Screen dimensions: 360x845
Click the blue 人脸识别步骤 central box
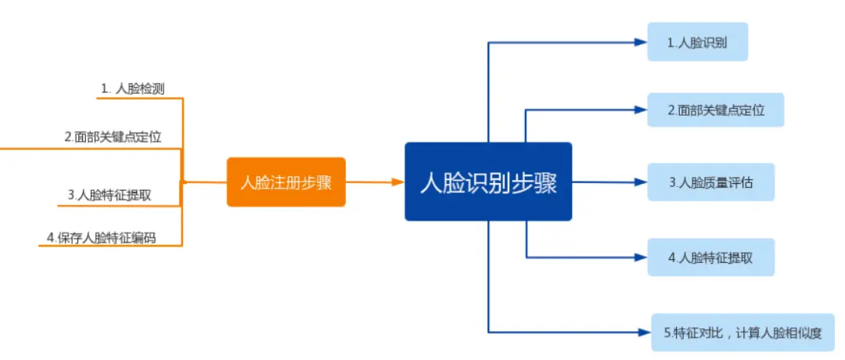click(x=488, y=182)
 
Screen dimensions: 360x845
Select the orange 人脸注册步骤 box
click(x=286, y=182)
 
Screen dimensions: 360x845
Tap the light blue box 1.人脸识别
click(x=697, y=42)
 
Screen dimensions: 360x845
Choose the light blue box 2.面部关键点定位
click(x=715, y=110)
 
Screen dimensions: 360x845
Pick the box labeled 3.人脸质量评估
click(x=710, y=182)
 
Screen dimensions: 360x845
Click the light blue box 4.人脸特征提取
click(x=710, y=257)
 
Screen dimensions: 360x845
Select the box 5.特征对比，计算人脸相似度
click(x=743, y=332)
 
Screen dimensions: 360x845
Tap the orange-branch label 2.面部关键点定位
click(x=113, y=137)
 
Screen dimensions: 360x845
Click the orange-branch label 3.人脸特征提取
click(x=109, y=195)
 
